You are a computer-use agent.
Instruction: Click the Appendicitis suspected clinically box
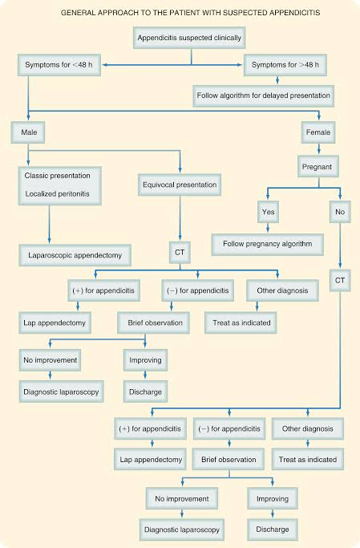click(x=189, y=38)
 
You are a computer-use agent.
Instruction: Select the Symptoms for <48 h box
click(x=59, y=65)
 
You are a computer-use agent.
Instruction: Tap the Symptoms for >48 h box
click(x=285, y=65)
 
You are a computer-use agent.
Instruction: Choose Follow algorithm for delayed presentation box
click(x=263, y=95)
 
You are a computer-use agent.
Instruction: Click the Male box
click(x=28, y=132)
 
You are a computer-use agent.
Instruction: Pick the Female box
click(x=318, y=132)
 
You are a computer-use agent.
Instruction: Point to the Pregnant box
click(x=318, y=167)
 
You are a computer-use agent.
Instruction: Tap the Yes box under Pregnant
click(x=268, y=212)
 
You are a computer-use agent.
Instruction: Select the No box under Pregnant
click(x=340, y=212)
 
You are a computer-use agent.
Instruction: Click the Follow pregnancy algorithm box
click(x=268, y=244)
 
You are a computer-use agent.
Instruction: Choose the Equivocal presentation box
click(x=180, y=185)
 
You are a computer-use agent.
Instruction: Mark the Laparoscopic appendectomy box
click(x=75, y=255)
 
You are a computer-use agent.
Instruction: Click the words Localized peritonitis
click(x=57, y=194)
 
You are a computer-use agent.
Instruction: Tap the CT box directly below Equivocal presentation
click(x=180, y=252)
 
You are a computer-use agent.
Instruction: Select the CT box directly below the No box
click(x=340, y=280)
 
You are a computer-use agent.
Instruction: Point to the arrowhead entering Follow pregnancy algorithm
click(x=268, y=230)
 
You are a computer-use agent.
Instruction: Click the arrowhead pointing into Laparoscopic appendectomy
click(x=49, y=242)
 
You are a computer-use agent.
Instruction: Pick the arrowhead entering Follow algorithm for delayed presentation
click(x=277, y=81)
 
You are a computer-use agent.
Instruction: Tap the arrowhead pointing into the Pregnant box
click(x=318, y=152)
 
